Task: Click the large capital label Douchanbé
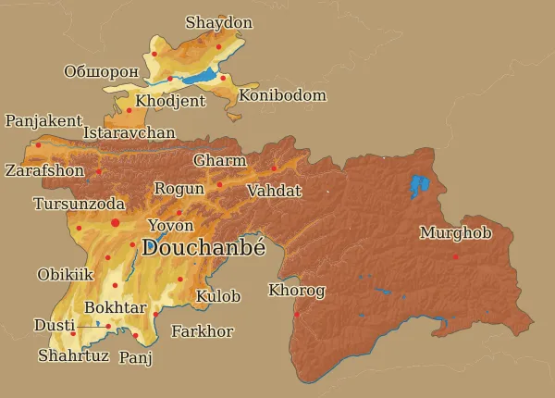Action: tap(203, 247)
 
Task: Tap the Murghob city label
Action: tap(455, 233)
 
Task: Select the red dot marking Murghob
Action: tap(455, 256)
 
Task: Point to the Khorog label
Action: tap(297, 292)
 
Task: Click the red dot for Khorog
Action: tap(297, 315)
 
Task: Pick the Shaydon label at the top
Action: tap(219, 22)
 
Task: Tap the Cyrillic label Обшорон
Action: tap(101, 71)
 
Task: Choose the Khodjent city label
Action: tap(170, 101)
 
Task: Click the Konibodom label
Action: tap(282, 95)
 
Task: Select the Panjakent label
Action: tap(43, 121)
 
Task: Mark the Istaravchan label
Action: tap(129, 133)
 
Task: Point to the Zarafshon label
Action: tap(44, 171)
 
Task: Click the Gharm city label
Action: tap(220, 161)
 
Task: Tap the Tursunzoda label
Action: tap(79, 204)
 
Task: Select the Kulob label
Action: tap(218, 297)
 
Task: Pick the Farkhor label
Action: tap(203, 331)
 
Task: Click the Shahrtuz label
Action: tap(73, 355)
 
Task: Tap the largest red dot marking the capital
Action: tap(116, 223)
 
